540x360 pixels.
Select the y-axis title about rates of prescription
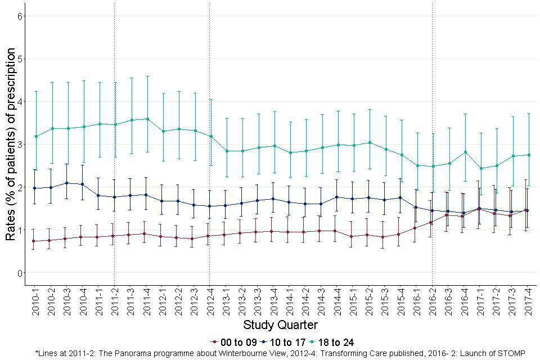[x=11, y=145]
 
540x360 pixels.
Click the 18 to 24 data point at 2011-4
[x=147, y=119]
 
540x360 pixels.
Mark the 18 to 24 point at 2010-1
[x=35, y=136]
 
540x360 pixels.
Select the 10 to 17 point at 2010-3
[x=67, y=183]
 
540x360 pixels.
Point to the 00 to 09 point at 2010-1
[x=35, y=241]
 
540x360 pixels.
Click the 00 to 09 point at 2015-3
[x=385, y=237]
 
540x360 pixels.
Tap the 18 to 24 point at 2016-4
[x=465, y=152]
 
